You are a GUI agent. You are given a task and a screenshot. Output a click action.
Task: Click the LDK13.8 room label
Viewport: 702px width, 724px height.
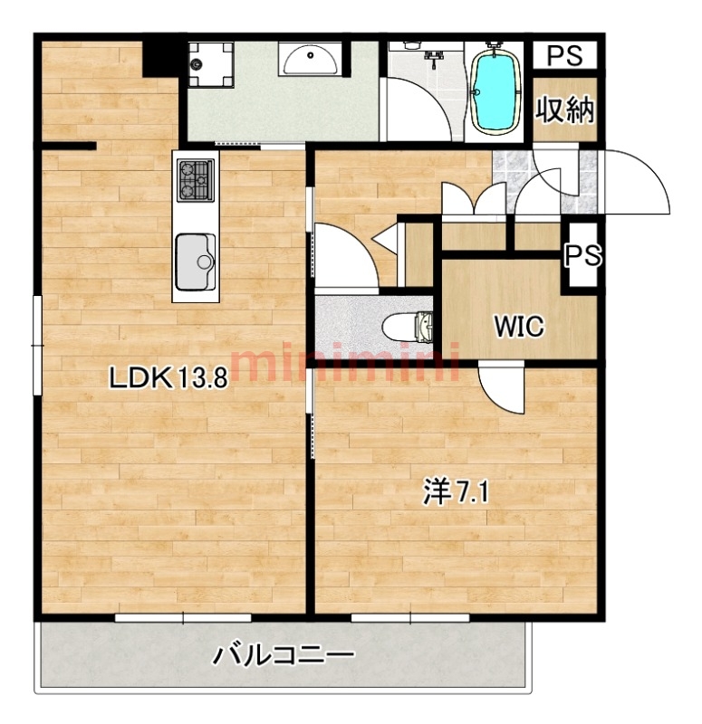pos(168,378)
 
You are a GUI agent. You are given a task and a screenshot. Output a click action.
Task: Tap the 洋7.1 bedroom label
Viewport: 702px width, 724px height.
pos(456,492)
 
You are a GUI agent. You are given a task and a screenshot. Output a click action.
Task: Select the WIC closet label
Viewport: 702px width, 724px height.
pos(519,326)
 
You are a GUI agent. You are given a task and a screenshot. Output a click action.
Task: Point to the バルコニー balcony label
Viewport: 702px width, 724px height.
pos(284,654)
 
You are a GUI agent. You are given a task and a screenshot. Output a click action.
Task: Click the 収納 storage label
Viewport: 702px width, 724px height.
pos(564,110)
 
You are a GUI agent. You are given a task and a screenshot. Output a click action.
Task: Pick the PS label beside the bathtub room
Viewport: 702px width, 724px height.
pos(564,55)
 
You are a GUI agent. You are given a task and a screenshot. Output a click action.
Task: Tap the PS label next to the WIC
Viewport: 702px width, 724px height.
pos(583,255)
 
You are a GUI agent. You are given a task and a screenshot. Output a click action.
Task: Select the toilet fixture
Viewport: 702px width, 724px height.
pos(408,327)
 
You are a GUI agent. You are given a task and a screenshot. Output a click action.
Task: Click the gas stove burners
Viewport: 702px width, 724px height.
pos(196,179)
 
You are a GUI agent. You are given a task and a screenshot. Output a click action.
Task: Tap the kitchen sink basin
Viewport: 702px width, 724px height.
pos(195,262)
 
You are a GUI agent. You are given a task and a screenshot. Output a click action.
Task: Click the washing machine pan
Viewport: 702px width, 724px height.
pos(211,63)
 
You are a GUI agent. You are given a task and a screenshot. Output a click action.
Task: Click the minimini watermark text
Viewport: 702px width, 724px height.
pos(344,362)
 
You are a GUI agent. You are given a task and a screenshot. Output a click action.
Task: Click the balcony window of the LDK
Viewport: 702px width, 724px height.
pos(183,618)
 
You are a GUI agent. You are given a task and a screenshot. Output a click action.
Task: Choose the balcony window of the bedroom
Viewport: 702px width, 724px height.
pos(410,618)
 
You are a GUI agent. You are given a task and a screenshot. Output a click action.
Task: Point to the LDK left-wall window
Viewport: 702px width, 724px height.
pos(37,346)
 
